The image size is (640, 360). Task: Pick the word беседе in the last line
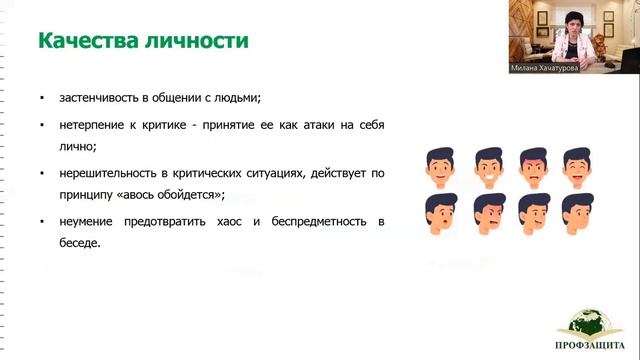click(81, 242)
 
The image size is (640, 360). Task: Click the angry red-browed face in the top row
click(531, 163)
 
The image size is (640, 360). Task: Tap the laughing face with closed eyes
click(575, 163)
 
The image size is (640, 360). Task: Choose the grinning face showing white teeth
click(487, 163)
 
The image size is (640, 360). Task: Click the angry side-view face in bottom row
click(487, 210)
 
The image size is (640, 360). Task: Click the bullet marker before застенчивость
click(42, 98)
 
